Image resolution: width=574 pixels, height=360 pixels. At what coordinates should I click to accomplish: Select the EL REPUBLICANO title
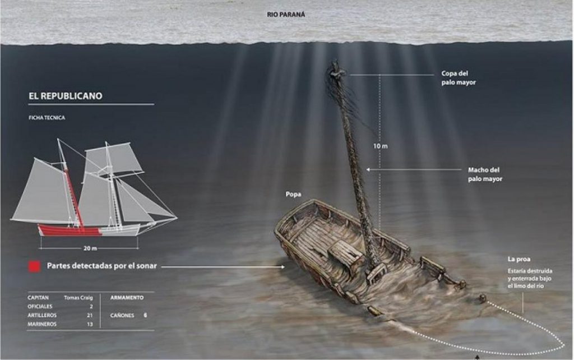(66, 96)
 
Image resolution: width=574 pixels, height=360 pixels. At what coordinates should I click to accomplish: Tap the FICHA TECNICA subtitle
(47, 118)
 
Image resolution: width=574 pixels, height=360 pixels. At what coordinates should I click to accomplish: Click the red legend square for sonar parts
(34, 266)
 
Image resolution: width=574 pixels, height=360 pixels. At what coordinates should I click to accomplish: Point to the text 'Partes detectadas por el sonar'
(102, 266)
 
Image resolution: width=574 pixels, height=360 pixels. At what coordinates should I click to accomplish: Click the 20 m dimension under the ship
(90, 248)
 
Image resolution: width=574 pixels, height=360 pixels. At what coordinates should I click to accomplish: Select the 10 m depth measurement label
(381, 146)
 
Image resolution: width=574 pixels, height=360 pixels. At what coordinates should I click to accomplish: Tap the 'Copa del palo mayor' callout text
(459, 78)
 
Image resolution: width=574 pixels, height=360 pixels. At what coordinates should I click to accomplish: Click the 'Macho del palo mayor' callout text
(485, 174)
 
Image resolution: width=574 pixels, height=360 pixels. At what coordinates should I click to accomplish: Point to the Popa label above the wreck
(293, 195)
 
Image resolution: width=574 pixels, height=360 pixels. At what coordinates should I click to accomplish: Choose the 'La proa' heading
(519, 259)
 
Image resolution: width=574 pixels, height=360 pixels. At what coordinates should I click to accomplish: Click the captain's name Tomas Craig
(78, 298)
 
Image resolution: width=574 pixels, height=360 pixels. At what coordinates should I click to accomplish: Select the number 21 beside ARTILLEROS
(90, 315)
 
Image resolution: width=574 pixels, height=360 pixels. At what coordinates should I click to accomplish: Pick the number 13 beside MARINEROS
(90, 324)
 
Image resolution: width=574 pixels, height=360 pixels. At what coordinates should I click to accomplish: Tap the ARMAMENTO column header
(127, 298)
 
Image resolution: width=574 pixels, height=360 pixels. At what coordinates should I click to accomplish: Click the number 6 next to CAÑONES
(145, 315)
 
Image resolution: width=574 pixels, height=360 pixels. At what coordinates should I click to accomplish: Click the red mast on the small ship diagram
(73, 198)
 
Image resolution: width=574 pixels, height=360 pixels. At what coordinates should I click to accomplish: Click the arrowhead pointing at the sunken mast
(368, 169)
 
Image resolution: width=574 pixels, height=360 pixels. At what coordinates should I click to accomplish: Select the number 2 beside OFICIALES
(91, 307)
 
